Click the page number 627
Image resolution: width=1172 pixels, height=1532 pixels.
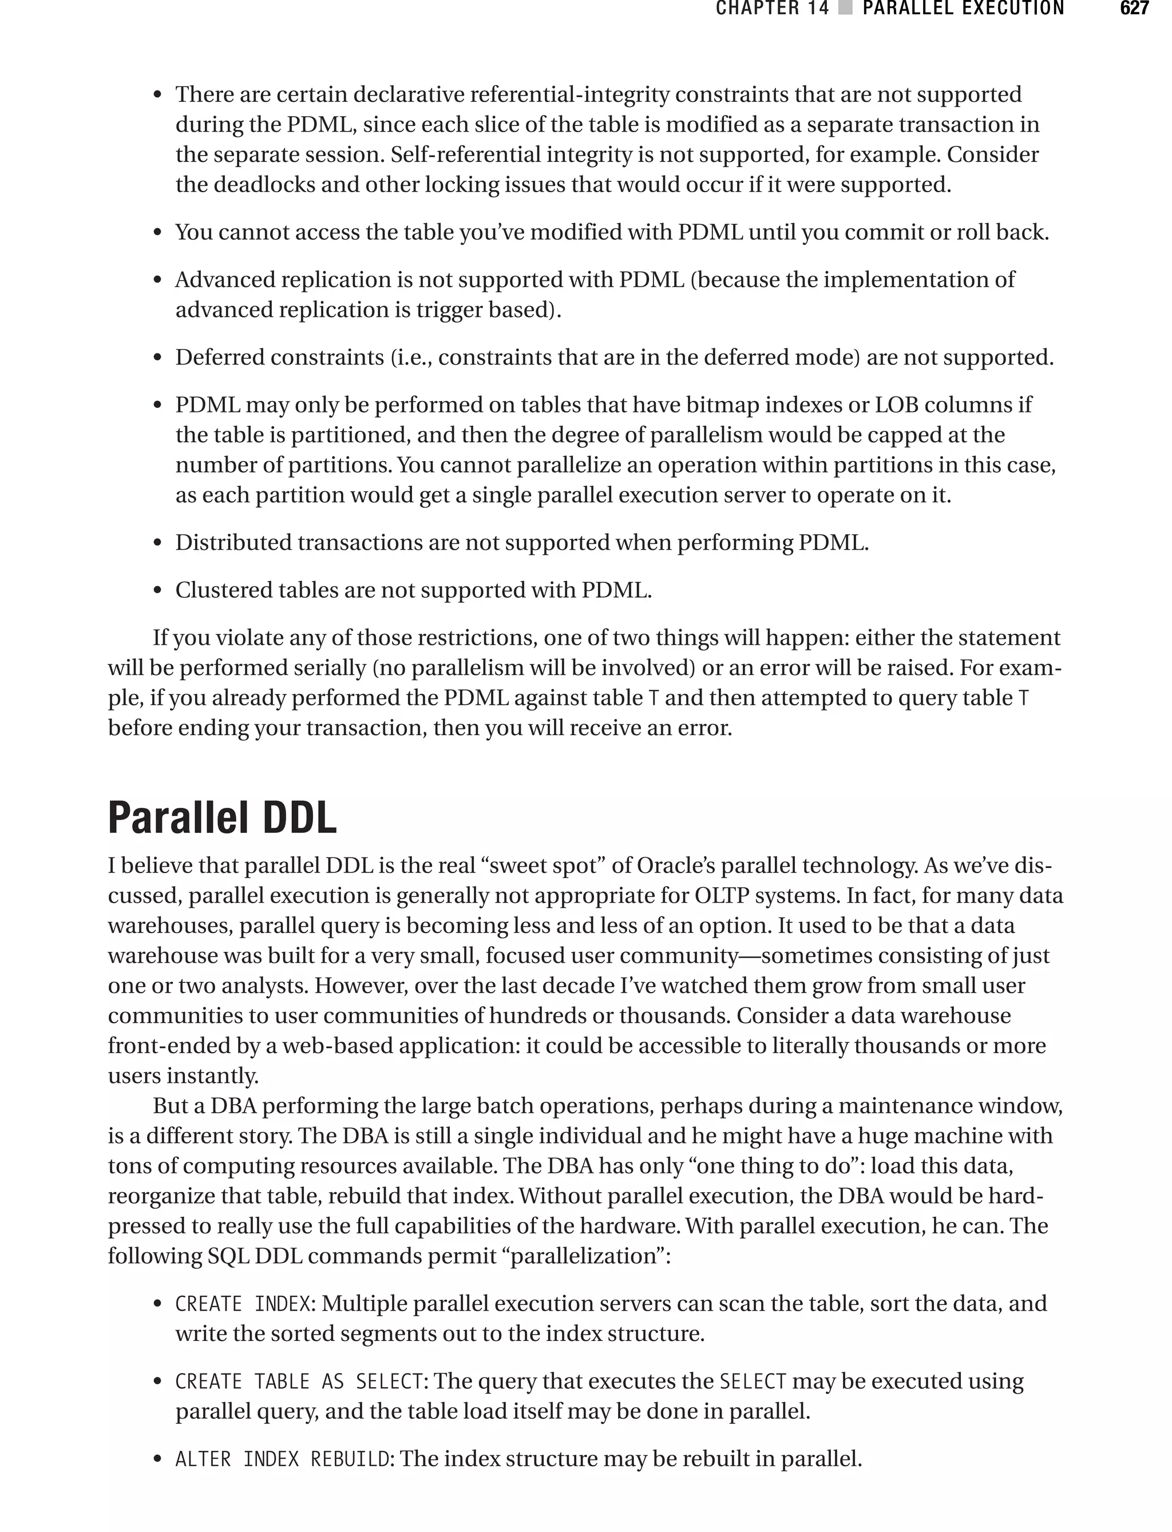tap(1134, 9)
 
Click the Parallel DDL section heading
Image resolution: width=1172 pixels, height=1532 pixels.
tap(222, 818)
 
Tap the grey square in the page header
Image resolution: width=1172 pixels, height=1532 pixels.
tap(845, 9)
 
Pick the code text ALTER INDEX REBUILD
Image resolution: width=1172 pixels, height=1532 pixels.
tap(282, 1459)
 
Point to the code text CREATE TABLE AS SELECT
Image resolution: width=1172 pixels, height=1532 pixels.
tap(299, 1382)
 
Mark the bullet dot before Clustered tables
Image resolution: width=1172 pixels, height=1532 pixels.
tap(158, 592)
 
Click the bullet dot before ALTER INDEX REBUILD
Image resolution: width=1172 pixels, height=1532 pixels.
tap(158, 1459)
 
